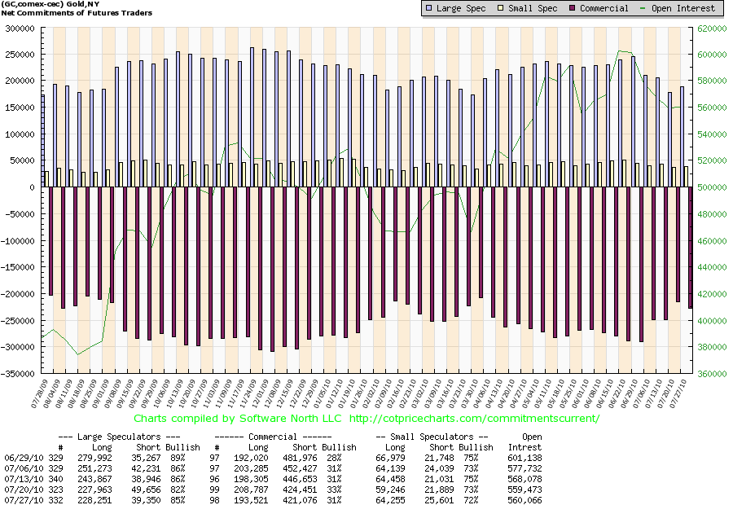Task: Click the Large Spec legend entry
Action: [x=458, y=8]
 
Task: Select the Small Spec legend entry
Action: [x=530, y=8]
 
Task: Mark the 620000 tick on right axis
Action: [x=709, y=28]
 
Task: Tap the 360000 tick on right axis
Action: [x=709, y=374]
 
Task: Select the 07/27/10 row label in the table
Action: [x=20, y=500]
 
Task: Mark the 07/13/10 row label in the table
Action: [x=20, y=479]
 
